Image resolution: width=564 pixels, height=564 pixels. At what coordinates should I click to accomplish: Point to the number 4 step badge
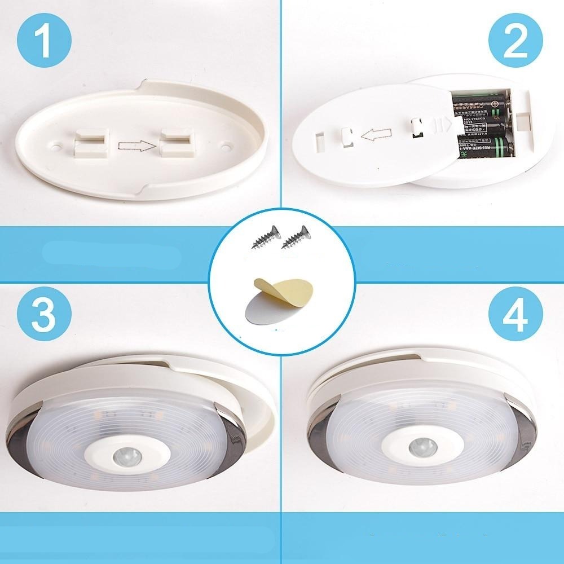pyautogui.click(x=515, y=311)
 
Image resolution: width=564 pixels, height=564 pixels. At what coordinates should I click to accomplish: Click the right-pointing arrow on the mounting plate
pyautogui.click(x=135, y=147)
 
